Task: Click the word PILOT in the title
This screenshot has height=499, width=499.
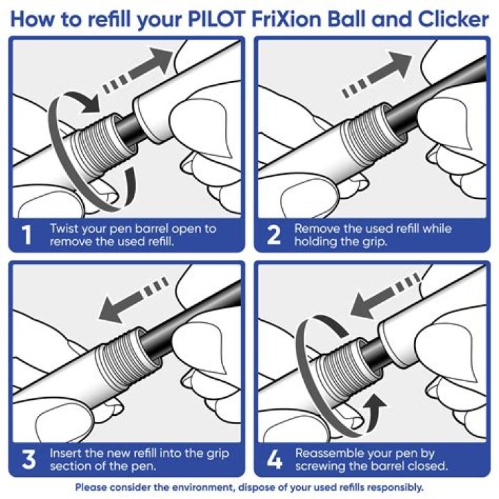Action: click(217, 19)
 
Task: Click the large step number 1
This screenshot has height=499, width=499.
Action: click(27, 235)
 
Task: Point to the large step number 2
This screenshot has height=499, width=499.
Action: click(274, 235)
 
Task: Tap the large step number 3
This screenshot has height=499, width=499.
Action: click(28, 459)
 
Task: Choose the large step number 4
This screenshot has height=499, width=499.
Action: click(274, 459)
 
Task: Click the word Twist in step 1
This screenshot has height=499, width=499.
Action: click(64, 229)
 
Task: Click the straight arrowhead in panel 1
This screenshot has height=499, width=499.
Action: click(161, 59)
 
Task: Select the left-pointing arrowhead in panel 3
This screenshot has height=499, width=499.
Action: click(110, 310)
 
